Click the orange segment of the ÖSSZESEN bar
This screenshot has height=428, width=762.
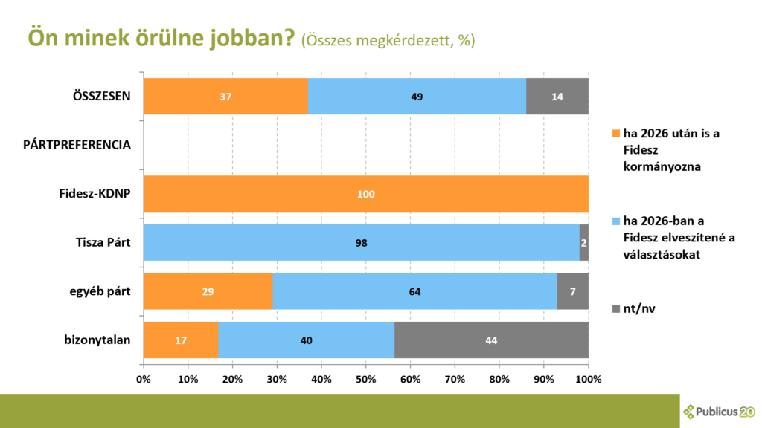point(225,97)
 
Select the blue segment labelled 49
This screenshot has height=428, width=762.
point(417,97)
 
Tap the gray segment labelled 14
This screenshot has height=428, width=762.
point(557,97)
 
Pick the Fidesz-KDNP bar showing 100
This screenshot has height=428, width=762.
point(365,194)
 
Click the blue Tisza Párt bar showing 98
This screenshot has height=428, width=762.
point(361,243)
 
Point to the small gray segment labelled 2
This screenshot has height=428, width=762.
point(584,243)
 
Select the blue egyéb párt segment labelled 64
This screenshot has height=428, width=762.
point(414,291)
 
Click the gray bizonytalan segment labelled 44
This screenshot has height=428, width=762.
point(491,340)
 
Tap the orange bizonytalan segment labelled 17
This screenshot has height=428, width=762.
point(181,340)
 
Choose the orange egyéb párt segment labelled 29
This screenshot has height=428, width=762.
point(208,291)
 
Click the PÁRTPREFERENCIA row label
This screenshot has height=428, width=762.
point(77,145)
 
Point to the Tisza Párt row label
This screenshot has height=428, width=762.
point(103,243)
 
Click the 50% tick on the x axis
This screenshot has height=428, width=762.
point(365,379)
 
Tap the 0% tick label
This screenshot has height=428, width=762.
point(144,379)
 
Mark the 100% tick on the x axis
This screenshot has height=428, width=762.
point(588,379)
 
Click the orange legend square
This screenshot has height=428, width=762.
point(615,134)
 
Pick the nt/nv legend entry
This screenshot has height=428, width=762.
point(637,307)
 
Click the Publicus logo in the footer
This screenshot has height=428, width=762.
point(719,411)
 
